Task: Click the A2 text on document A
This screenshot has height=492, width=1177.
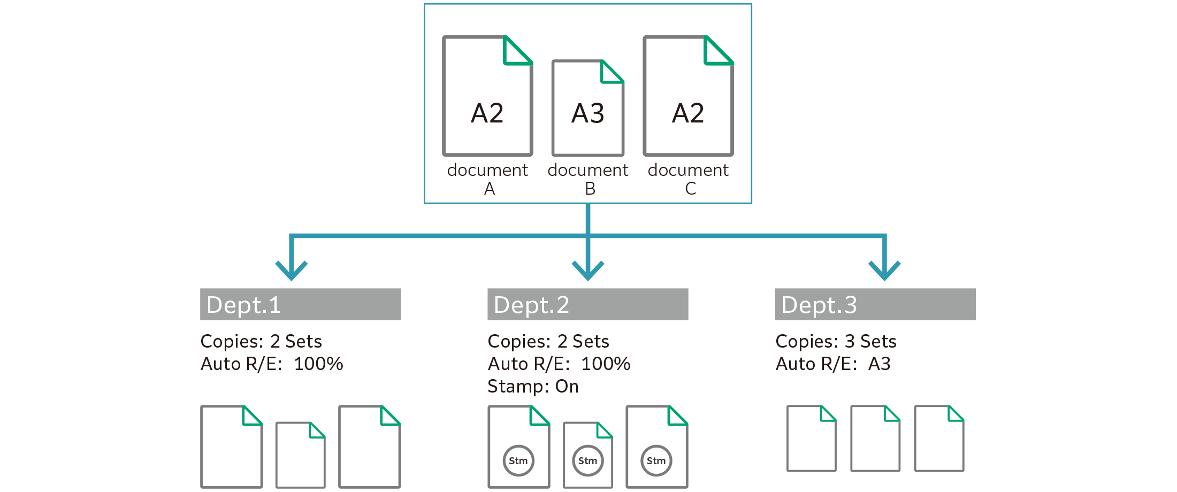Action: [487, 113]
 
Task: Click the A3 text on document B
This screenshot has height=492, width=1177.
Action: [587, 113]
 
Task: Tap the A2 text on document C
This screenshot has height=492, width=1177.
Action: [688, 113]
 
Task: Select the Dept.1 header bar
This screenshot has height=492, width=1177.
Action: [300, 304]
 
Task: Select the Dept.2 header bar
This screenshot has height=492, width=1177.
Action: [587, 304]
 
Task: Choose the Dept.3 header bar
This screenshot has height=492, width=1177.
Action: [875, 304]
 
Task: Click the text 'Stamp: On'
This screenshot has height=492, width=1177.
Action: [533, 386]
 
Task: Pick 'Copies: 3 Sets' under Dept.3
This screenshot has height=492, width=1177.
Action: [836, 341]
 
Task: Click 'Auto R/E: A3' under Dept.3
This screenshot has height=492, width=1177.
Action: [833, 364]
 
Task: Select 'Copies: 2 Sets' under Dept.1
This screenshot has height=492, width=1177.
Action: [261, 341]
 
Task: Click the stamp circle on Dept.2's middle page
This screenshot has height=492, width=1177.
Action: [587, 460]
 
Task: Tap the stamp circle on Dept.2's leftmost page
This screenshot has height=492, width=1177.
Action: [518, 460]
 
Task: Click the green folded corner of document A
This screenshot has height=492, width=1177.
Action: [516, 52]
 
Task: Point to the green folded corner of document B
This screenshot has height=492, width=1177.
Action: [610, 73]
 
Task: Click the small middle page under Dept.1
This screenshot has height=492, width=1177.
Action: [300, 455]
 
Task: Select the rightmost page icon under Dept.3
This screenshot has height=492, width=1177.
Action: [939, 439]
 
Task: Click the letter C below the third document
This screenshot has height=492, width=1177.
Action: [690, 188]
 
